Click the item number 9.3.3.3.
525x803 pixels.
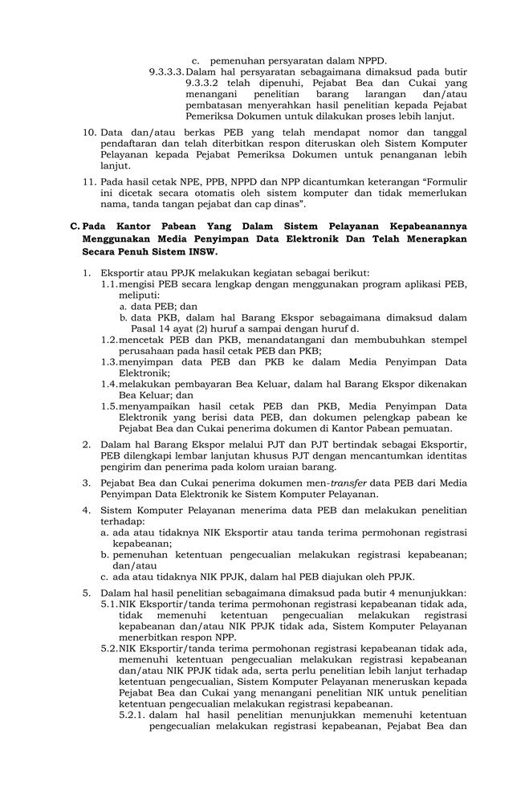click(166, 71)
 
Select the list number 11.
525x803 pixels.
click(90, 182)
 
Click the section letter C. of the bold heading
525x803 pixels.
click(75, 226)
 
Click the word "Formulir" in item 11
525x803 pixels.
click(446, 182)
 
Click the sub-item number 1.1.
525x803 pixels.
click(109, 284)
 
